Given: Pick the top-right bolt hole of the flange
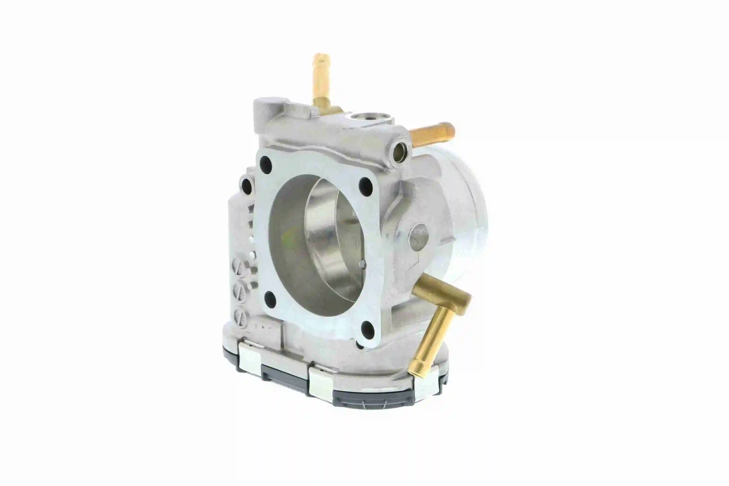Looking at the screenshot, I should tap(366, 187).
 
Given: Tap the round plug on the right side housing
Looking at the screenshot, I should tap(418, 237).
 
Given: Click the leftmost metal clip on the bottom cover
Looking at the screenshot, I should tap(250, 356).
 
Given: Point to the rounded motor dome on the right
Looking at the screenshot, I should tap(465, 217).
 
